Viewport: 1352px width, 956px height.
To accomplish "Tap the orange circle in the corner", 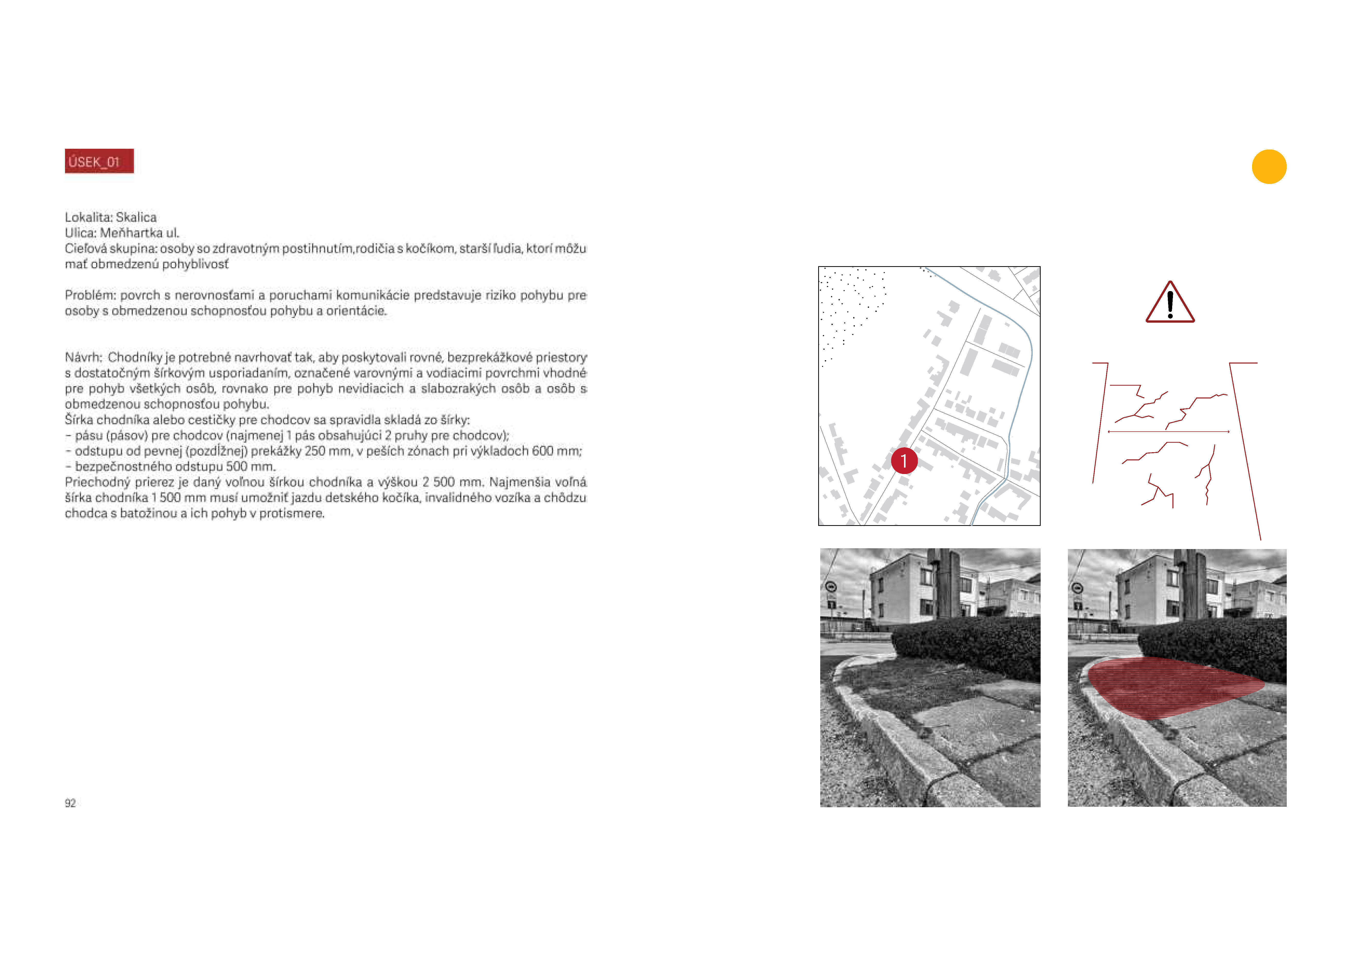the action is coord(1269,167).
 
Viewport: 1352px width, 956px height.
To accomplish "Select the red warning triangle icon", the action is coord(1170,302).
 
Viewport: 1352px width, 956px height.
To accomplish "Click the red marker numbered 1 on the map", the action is coord(904,461).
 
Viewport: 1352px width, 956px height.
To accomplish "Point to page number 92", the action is coord(70,803).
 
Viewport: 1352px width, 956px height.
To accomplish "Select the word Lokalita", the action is coord(88,217).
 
